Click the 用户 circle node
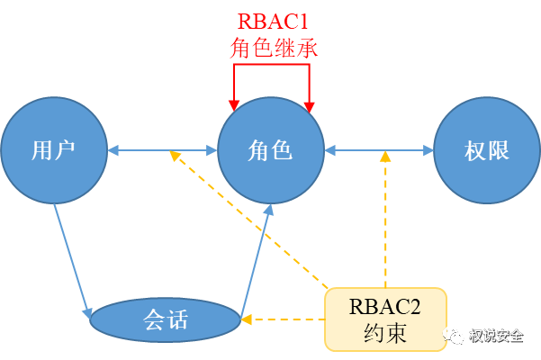pos(55,149)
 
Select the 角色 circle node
pos(271,149)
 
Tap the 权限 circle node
pos(487,149)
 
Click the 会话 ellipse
pos(166,319)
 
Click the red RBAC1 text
pos(271,21)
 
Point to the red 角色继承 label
pos(271,47)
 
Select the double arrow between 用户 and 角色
pos(163,149)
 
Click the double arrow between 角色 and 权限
pos(379,149)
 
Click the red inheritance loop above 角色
pos(271,76)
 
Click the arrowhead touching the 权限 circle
pos(428,149)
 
